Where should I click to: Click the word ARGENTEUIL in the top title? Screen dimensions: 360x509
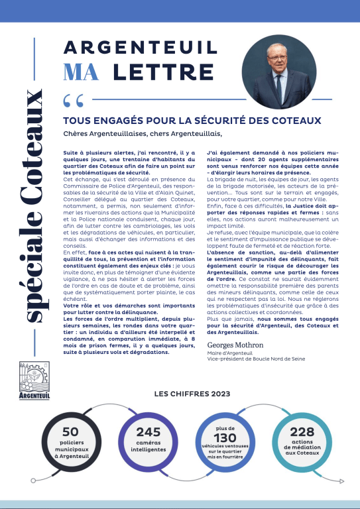click(140, 48)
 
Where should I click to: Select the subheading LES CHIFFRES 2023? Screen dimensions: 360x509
click(192, 393)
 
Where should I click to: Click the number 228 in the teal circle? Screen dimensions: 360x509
click(302, 432)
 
